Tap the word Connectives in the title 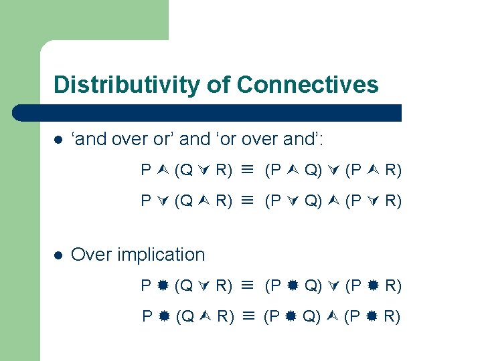pyautogui.click(x=307, y=85)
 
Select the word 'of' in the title pyautogui.click(x=216, y=85)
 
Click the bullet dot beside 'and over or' pyautogui.click(x=58, y=140)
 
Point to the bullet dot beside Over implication pyautogui.click(x=58, y=255)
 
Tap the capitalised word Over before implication pyautogui.click(x=91, y=255)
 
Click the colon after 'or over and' pyautogui.click(x=325, y=140)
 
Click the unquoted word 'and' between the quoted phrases pyautogui.click(x=195, y=139)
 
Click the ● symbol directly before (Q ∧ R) pyautogui.click(x=164, y=316)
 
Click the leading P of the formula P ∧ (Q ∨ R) pyautogui.click(x=146, y=170)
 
